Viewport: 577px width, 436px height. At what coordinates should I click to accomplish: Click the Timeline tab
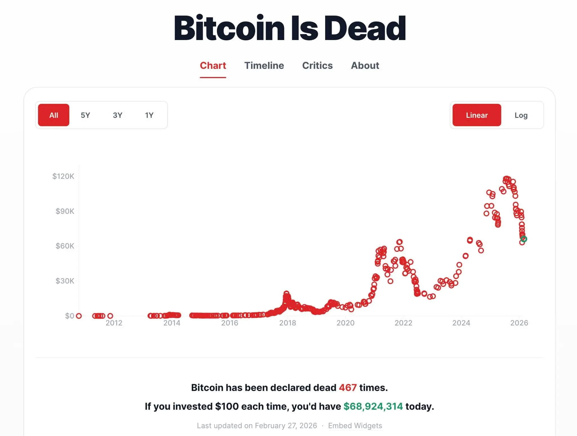tap(264, 65)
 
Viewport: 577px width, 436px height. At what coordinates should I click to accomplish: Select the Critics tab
tap(317, 65)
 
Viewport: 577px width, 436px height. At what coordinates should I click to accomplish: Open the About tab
tap(365, 65)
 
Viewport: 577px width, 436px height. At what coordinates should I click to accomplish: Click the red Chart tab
tap(213, 65)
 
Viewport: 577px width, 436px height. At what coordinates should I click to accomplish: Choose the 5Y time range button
tap(85, 115)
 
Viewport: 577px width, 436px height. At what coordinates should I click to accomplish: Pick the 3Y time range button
tap(117, 115)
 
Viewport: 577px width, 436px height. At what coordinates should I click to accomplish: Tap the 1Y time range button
tap(149, 115)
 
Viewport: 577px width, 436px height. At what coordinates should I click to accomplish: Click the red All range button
tap(54, 115)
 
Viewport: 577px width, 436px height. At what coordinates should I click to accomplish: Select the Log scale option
tap(521, 115)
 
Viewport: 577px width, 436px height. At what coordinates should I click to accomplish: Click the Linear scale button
tap(477, 115)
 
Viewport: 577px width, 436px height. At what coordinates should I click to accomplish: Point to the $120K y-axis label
tap(63, 176)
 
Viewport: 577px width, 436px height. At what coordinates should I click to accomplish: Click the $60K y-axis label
tap(65, 246)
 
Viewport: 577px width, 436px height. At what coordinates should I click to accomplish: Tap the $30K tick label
tap(65, 281)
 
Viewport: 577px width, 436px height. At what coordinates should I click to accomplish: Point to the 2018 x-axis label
tap(287, 323)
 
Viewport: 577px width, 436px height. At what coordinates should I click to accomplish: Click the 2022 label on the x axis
tap(403, 323)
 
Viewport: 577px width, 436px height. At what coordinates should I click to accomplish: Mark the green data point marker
tap(524, 239)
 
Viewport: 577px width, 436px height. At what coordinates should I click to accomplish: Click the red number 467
tap(348, 387)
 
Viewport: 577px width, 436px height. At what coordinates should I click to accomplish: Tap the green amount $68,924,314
tap(373, 406)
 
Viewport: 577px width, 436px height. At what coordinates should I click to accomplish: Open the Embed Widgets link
tap(355, 426)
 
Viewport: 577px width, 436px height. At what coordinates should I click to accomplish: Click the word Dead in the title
tap(365, 28)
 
